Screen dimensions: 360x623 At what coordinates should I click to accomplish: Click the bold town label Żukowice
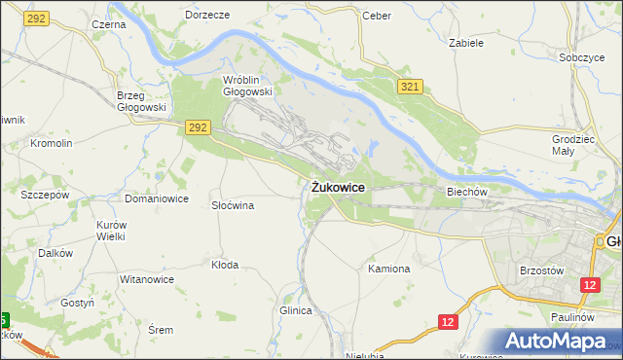point(339,187)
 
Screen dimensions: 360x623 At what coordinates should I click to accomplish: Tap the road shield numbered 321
point(410,89)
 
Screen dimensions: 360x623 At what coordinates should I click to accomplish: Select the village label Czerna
point(108,23)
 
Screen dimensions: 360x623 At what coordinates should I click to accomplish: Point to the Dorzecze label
point(206,16)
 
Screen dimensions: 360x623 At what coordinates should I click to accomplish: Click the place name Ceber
point(376,16)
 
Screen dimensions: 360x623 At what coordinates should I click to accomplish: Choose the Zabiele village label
point(466,43)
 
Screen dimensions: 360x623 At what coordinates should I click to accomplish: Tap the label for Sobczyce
point(582,57)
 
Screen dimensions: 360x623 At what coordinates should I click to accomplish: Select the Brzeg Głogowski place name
point(141,102)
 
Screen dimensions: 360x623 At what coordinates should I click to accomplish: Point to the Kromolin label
point(52,143)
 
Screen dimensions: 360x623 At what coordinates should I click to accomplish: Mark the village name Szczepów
point(45,194)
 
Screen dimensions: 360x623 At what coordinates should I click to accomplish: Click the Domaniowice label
point(156,198)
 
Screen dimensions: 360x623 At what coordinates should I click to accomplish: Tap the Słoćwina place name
point(233,205)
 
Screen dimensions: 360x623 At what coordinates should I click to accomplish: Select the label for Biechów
point(466,193)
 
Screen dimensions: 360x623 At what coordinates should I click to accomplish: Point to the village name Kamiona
point(389,268)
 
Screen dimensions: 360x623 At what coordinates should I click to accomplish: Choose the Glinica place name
point(295,310)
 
